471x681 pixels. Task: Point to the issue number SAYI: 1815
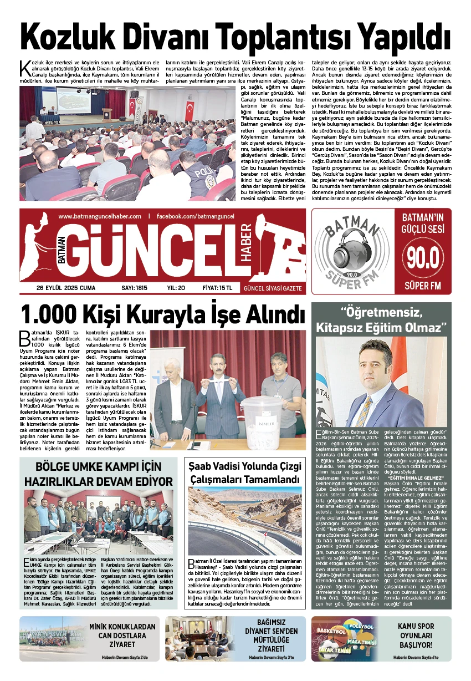134,288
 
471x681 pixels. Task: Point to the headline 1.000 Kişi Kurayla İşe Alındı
162,315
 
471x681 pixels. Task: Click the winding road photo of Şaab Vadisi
246,524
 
